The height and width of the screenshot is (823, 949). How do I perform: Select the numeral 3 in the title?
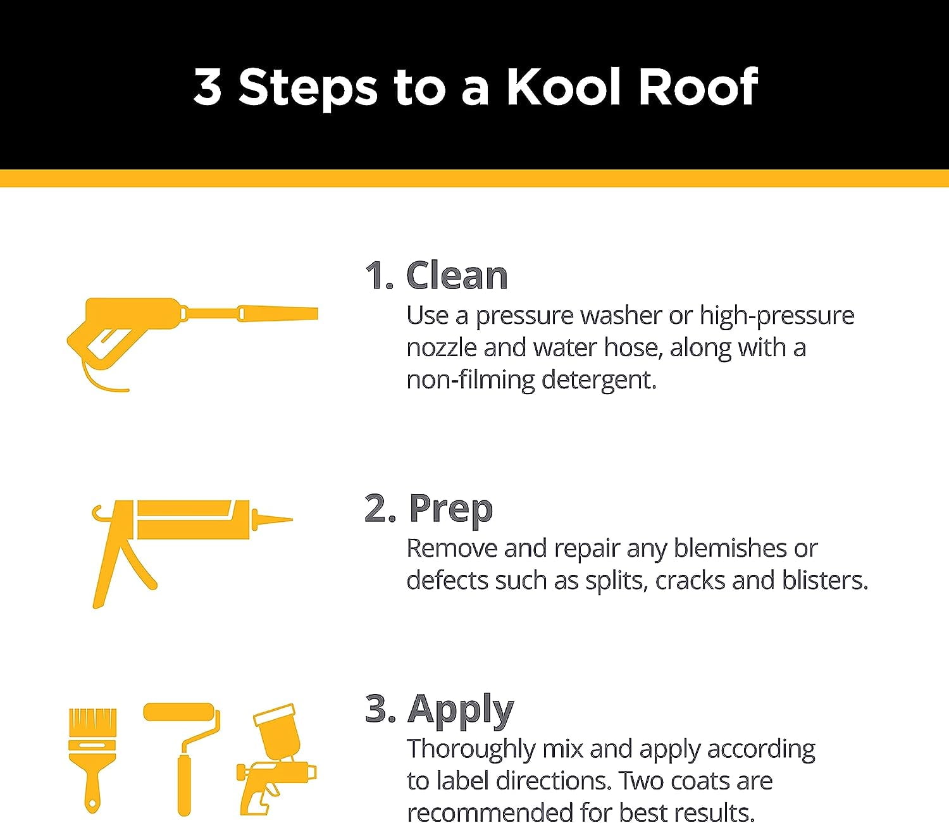[x=208, y=87]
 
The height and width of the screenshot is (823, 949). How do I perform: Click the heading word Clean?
[x=457, y=276]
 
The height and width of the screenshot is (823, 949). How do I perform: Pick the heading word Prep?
[x=450, y=509]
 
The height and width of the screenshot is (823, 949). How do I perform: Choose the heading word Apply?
[x=461, y=709]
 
